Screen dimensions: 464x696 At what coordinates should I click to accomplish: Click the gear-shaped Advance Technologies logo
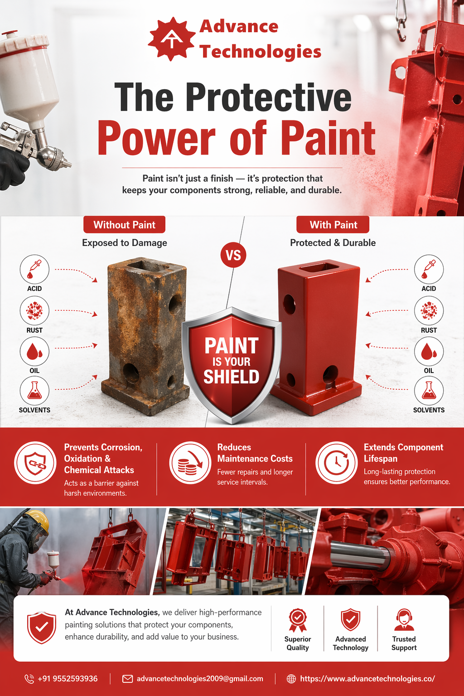click(x=172, y=39)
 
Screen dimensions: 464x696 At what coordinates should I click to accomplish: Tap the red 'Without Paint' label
click(x=124, y=225)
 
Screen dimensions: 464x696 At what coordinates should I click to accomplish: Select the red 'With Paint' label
click(x=333, y=225)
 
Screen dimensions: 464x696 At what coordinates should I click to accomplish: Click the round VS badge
click(x=233, y=256)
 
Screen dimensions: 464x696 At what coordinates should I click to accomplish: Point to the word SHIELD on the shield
click(x=232, y=377)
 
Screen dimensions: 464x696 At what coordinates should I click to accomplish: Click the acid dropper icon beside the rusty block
click(x=34, y=270)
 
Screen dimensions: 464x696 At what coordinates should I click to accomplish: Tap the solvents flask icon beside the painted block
click(x=429, y=391)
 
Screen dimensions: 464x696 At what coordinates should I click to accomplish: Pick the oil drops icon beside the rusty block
click(x=34, y=352)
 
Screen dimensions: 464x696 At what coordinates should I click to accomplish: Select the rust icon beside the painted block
click(x=429, y=310)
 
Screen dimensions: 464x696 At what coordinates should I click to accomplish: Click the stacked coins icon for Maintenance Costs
click(x=190, y=463)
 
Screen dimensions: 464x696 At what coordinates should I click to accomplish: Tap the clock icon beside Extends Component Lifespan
click(x=337, y=463)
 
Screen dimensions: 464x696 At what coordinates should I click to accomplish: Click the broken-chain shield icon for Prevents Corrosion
click(x=35, y=463)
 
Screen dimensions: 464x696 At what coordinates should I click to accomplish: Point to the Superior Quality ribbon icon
click(x=298, y=620)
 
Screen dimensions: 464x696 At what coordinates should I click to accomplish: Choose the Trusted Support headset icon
click(x=404, y=620)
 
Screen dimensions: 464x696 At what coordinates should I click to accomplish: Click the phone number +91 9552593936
click(x=68, y=679)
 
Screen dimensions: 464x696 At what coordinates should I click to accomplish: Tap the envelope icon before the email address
click(x=127, y=679)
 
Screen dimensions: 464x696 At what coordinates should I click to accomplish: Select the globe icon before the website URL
click(x=291, y=679)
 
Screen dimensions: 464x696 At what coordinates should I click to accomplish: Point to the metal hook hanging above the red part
click(x=401, y=21)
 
